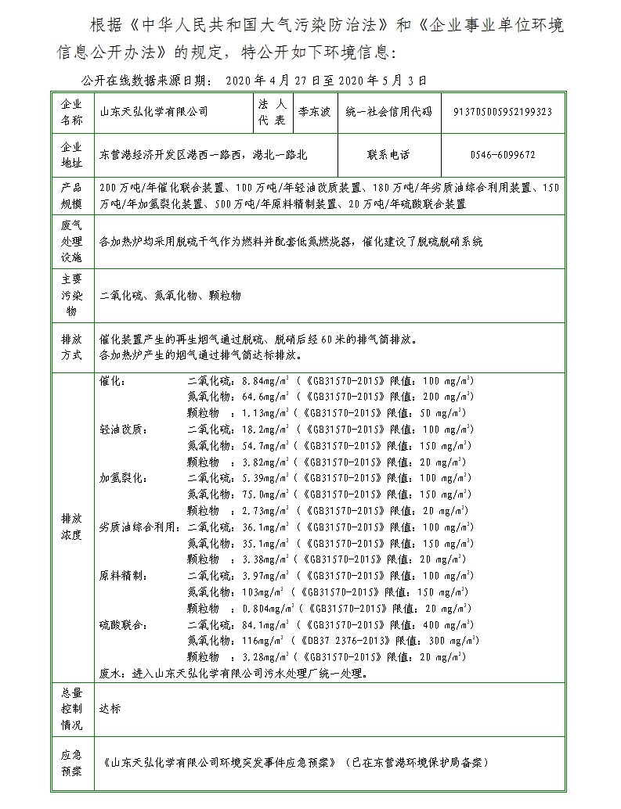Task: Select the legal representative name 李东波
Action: [x=315, y=113]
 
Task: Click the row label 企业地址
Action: [x=71, y=155]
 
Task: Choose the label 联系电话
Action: [x=388, y=155]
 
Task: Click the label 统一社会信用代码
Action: [x=388, y=113]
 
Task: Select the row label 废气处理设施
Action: [x=71, y=241]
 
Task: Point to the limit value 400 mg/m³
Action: [x=448, y=624]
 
